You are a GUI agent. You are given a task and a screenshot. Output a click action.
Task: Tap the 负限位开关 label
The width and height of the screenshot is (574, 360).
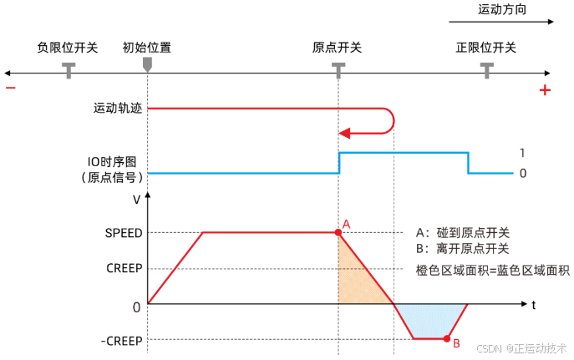(x=69, y=47)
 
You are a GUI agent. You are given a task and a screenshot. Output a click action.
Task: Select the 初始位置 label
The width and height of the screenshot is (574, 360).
(x=147, y=47)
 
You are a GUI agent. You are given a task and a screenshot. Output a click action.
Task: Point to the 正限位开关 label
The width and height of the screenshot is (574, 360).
(x=486, y=47)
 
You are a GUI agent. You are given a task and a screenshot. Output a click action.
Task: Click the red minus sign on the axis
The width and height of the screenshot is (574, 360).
(x=11, y=89)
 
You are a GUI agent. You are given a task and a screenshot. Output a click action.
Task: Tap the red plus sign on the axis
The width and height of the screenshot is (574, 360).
(x=545, y=89)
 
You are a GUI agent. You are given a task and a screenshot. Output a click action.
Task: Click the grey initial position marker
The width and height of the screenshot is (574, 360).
(x=148, y=63)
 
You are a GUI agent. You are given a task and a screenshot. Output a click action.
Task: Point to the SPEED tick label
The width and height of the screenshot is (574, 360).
(x=124, y=232)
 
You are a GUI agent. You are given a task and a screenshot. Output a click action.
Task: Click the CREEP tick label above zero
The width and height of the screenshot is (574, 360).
(x=124, y=268)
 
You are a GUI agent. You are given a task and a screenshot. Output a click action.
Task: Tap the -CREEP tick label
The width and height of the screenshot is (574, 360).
(x=122, y=340)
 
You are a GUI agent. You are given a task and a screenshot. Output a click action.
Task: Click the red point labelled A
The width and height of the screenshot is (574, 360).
(x=338, y=232)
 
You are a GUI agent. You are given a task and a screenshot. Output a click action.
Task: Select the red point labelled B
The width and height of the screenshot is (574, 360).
(x=448, y=339)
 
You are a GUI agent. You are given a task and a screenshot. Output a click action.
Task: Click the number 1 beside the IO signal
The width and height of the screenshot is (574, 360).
(x=522, y=154)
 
